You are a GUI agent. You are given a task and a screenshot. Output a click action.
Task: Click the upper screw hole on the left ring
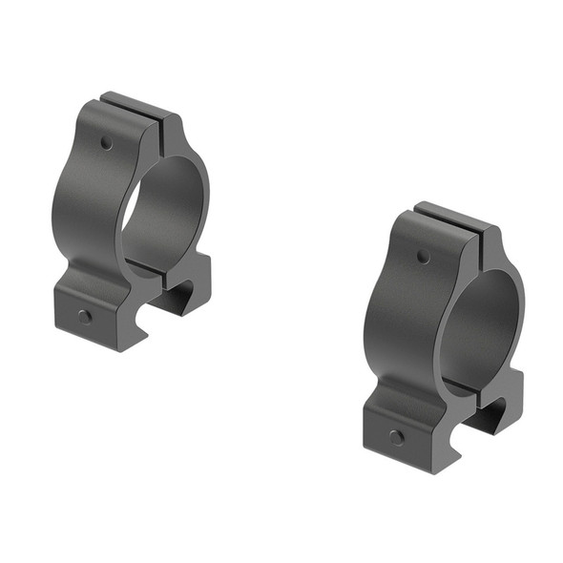106,144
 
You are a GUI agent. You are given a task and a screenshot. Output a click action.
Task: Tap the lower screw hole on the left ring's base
85,316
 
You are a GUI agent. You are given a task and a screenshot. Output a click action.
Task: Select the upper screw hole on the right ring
423,257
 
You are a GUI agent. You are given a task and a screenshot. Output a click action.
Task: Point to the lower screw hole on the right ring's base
396,437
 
